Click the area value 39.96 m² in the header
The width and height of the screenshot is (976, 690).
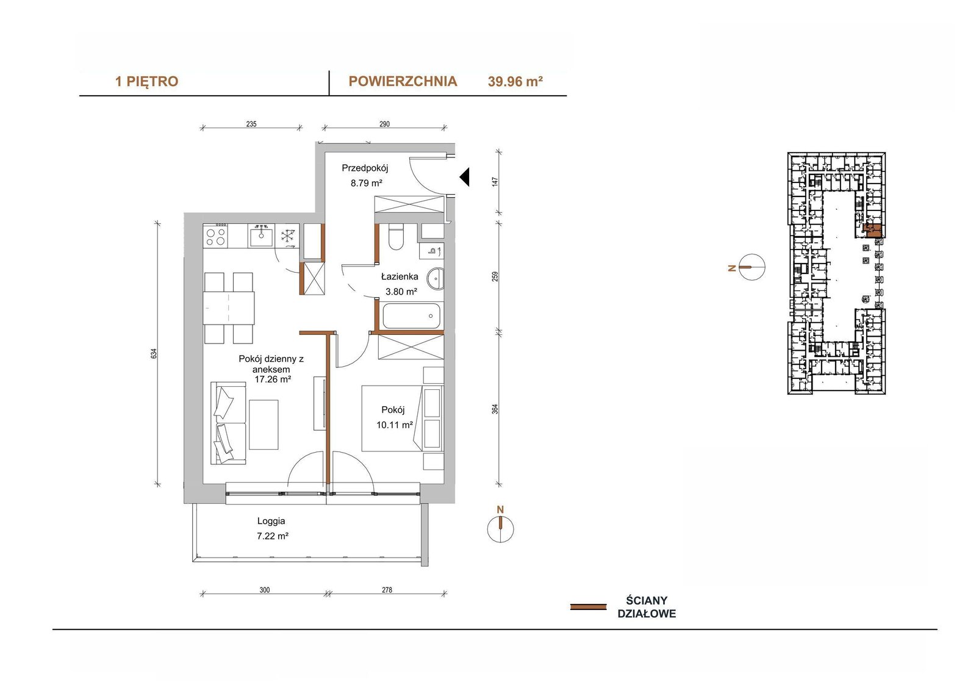pyautogui.click(x=515, y=82)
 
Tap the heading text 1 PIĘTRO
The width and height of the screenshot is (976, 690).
pyautogui.click(x=146, y=82)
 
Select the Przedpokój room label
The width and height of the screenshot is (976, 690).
pyautogui.click(x=365, y=168)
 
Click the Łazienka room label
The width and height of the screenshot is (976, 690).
pyautogui.click(x=400, y=276)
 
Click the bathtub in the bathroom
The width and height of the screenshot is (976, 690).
pyautogui.click(x=411, y=315)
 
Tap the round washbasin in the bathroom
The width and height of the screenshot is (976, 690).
pyautogui.click(x=435, y=279)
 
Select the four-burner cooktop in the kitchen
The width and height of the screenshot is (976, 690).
pyautogui.click(x=216, y=235)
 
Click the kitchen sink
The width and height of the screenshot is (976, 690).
pyautogui.click(x=261, y=235)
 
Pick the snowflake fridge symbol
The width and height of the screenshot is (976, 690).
pyautogui.click(x=287, y=236)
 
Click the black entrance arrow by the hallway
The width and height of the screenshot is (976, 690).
pyautogui.click(x=464, y=177)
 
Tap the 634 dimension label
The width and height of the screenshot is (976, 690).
pyautogui.click(x=153, y=353)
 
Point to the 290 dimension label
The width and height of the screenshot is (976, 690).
pyautogui.click(x=384, y=124)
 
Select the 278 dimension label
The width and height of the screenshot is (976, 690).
pyautogui.click(x=387, y=590)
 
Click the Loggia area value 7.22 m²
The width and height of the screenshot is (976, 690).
pyautogui.click(x=273, y=536)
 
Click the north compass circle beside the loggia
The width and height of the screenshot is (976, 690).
pyautogui.click(x=500, y=529)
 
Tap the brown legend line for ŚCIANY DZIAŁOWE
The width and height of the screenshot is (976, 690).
pyautogui.click(x=588, y=607)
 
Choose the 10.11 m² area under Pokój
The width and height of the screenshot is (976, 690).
pyautogui.click(x=395, y=425)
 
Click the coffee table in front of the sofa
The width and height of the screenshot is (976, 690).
pyautogui.click(x=264, y=425)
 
